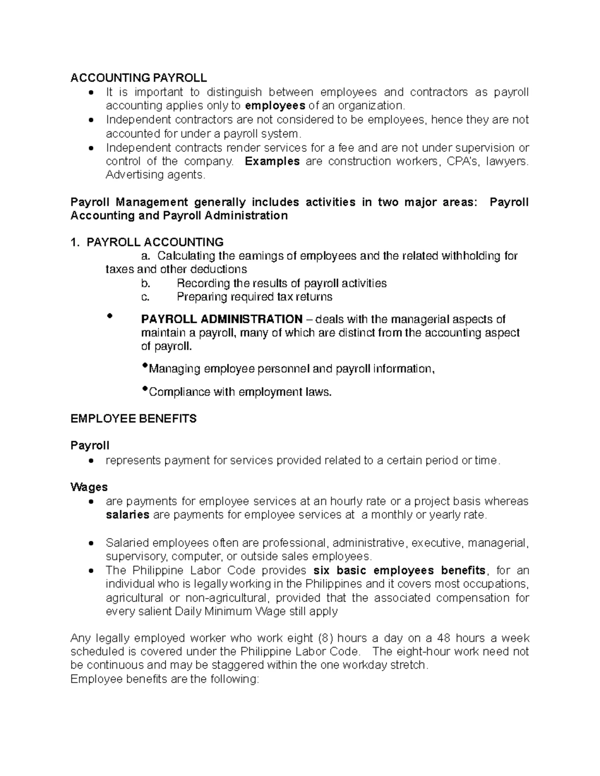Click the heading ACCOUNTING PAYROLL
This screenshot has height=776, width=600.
(138, 78)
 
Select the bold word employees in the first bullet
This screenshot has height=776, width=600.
(275, 105)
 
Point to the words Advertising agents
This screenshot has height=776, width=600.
(155, 175)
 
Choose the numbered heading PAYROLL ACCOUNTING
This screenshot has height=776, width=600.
(154, 242)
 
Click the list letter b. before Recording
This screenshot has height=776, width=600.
(145, 283)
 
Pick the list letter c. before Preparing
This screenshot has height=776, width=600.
(145, 297)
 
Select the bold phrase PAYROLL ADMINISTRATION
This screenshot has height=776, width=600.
(221, 319)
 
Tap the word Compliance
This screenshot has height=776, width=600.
(180, 392)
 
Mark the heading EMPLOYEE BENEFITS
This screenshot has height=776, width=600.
(133, 419)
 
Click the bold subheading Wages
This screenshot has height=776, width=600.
(89, 487)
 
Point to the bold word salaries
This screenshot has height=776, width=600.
(127, 515)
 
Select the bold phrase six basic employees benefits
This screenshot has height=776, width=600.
(399, 571)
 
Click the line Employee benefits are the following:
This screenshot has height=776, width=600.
(165, 679)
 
